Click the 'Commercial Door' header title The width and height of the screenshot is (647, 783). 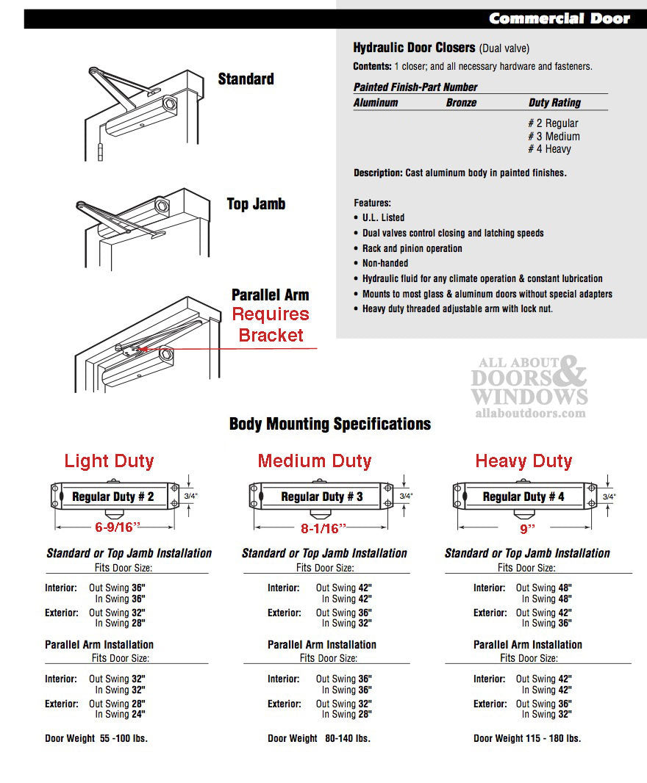pyautogui.click(x=559, y=18)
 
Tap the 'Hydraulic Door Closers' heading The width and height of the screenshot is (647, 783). pyautogui.click(x=414, y=48)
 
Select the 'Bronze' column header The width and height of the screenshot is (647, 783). pyautogui.click(x=461, y=103)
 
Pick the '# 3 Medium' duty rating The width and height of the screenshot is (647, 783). pyautogui.click(x=554, y=137)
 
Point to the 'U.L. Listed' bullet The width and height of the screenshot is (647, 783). pyautogui.click(x=383, y=217)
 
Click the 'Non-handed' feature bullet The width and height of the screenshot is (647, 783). pyautogui.click(x=385, y=263)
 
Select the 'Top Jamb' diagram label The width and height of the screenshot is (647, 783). pyautogui.click(x=256, y=204)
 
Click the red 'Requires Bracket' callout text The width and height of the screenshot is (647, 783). pyautogui.click(x=271, y=325)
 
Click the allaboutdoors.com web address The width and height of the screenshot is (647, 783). pyautogui.click(x=529, y=414)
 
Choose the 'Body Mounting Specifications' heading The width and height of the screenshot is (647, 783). pyautogui.click(x=330, y=424)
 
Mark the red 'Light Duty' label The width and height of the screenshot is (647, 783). pyautogui.click(x=109, y=461)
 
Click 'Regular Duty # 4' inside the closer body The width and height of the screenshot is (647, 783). pyautogui.click(x=523, y=497)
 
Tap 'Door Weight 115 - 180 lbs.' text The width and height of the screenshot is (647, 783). pyautogui.click(x=527, y=738)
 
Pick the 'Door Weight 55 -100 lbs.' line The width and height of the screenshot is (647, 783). pyautogui.click(x=96, y=738)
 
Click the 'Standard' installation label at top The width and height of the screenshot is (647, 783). pyautogui.click(x=246, y=79)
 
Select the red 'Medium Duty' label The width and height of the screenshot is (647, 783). pyautogui.click(x=315, y=461)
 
